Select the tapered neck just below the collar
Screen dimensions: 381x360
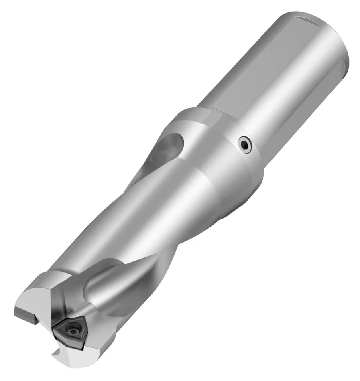point(193,193)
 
